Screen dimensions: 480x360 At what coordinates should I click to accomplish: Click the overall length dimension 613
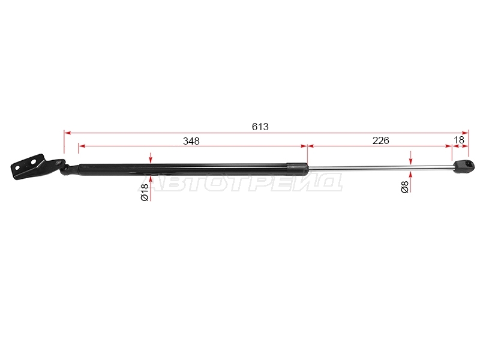pyautogui.click(x=260, y=127)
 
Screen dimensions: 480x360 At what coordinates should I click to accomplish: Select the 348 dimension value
pyautogui.click(x=191, y=141)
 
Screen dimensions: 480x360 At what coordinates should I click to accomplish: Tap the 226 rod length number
pyautogui.click(x=381, y=140)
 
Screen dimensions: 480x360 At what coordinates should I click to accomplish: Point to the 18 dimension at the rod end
pyautogui.click(x=459, y=140)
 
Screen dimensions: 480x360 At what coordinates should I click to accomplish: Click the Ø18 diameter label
pyautogui.click(x=145, y=192)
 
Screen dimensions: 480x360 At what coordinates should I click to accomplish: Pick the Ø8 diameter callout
pyautogui.click(x=404, y=187)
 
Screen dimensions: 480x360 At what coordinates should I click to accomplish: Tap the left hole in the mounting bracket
pyautogui.click(x=17, y=168)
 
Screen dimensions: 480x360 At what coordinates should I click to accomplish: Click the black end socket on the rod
pyautogui.click(x=464, y=167)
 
